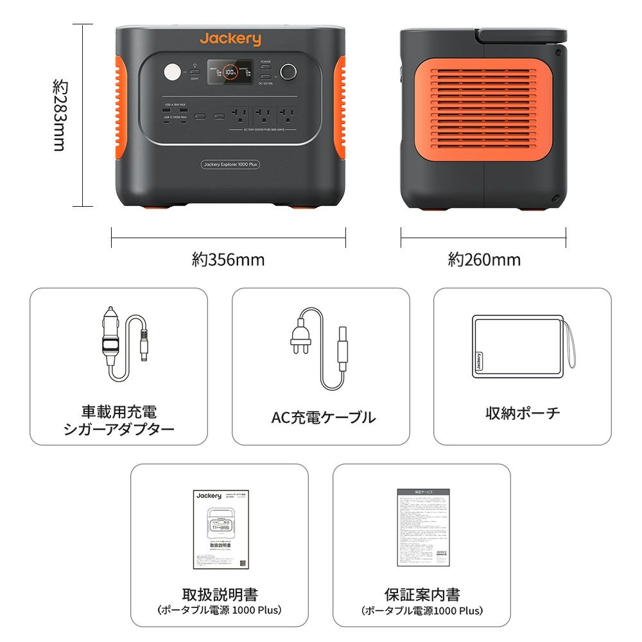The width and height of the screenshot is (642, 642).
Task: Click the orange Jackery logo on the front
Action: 230,39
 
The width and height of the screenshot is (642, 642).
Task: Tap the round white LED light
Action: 173,73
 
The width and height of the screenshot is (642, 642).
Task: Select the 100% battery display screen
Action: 232,73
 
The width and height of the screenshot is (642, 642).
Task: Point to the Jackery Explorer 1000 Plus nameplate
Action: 230,164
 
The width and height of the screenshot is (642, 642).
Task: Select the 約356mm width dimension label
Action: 228,260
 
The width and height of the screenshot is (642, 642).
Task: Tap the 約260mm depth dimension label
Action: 484,260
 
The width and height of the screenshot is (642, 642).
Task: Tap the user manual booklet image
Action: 220,530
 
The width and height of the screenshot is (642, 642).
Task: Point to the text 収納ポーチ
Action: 523,413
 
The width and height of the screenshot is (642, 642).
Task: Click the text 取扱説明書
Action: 220,594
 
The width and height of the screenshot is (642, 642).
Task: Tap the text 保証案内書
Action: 422,594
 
